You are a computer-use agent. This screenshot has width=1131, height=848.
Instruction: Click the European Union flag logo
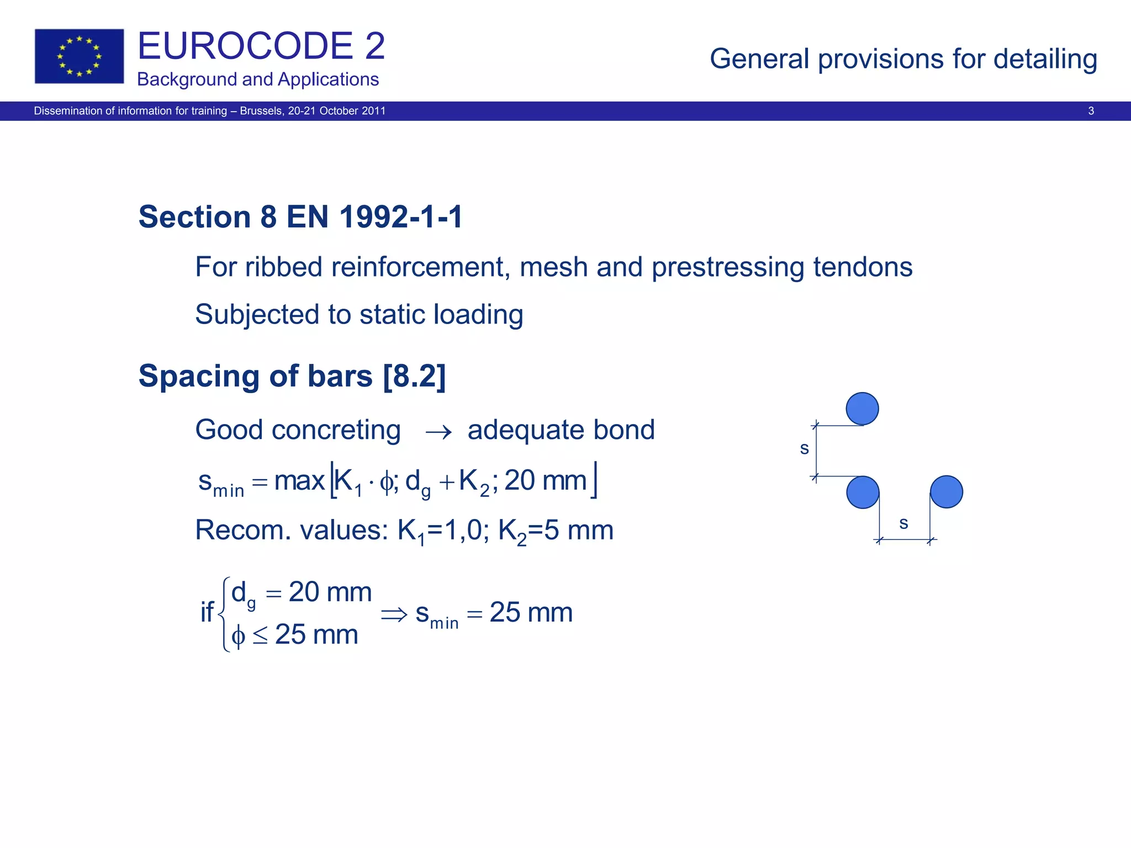coord(79,56)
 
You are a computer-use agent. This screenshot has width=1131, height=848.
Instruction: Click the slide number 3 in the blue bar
coord(1091,111)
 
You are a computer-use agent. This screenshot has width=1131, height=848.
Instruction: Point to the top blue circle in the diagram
coord(862,409)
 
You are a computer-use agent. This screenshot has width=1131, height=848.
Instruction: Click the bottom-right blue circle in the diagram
coord(947,492)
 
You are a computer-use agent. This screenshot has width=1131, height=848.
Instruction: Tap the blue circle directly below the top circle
coord(863,492)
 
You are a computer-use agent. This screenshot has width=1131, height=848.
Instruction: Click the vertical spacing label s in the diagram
coord(804,448)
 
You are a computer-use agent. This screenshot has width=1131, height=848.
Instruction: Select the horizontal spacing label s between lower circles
coord(903,523)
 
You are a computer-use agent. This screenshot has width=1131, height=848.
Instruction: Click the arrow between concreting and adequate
coord(438,432)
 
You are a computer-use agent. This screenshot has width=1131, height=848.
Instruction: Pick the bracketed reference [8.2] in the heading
coord(414,377)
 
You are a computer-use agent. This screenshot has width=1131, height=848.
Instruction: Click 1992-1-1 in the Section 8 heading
coord(401,216)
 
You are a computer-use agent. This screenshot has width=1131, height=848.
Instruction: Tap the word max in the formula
coord(299,480)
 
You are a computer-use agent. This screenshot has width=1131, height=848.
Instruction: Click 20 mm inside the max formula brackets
coord(545,480)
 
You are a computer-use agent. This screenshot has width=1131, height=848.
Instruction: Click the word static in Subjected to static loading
coord(392,315)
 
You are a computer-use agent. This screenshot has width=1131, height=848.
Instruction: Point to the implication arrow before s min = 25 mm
coord(394,614)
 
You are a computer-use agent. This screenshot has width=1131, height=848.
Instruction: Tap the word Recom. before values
coord(243,531)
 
